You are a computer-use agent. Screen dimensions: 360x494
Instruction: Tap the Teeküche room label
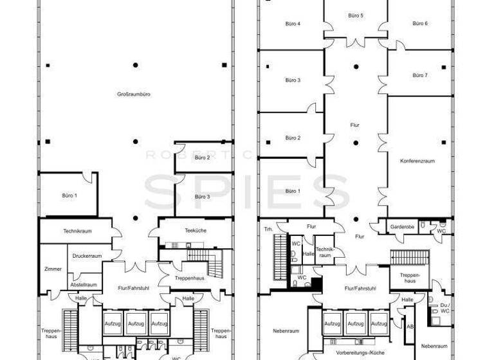pyautogui.click(x=195, y=230)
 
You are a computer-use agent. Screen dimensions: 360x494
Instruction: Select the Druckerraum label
pyautogui.click(x=86, y=256)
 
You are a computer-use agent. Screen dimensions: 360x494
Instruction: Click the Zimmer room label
pyautogui.click(x=53, y=269)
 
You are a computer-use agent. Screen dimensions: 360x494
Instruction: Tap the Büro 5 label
pyautogui.click(x=356, y=15)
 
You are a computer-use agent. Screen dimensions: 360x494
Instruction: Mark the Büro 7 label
pyautogui.click(x=420, y=75)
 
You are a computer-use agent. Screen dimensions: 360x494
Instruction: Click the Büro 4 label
pyautogui.click(x=293, y=24)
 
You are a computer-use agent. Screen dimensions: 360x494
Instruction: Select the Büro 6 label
pyautogui.click(x=420, y=24)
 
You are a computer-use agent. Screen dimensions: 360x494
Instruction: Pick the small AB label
pyautogui.click(x=409, y=327)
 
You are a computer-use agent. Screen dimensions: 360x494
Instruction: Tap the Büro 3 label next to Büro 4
pyautogui.click(x=293, y=80)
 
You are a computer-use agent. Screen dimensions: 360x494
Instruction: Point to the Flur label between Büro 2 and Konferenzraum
pyautogui.click(x=354, y=126)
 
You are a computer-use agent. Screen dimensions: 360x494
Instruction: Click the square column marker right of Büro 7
pyautogui.click(x=443, y=67)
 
